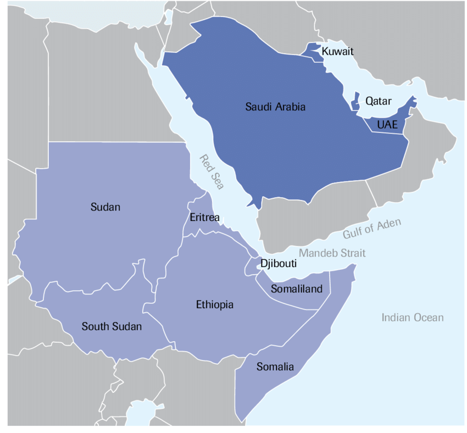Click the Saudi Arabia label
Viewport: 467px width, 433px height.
275,107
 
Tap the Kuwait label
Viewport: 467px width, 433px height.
337,52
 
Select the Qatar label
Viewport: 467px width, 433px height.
379,101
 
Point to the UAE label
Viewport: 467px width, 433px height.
387,125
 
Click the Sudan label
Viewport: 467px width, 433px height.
105,207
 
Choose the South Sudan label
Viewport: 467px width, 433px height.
112,326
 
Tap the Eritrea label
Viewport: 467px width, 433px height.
204,218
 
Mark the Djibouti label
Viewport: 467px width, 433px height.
279,264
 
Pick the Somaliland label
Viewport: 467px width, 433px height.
297,289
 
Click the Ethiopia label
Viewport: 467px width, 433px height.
215,304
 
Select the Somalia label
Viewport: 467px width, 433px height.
275,367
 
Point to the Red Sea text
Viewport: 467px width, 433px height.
211,173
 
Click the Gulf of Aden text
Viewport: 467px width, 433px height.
372,229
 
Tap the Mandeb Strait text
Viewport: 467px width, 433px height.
332,253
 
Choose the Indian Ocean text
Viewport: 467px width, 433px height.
412,318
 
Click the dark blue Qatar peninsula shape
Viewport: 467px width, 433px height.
355,102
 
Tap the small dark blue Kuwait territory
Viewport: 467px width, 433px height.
314,51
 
